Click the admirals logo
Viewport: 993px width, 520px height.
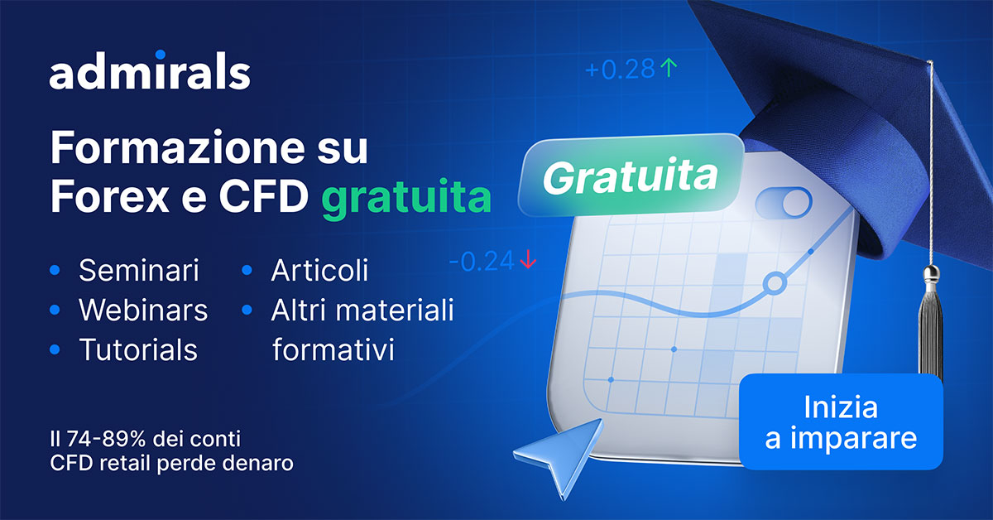pyautogui.click(x=150, y=70)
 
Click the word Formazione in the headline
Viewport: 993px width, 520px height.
pyautogui.click(x=178, y=147)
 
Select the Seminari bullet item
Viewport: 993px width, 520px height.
pyautogui.click(x=139, y=270)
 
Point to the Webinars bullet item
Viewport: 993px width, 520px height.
pyautogui.click(x=143, y=310)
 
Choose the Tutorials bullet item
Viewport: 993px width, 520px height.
pyautogui.click(x=138, y=349)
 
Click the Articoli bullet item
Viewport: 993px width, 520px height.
pyautogui.click(x=319, y=270)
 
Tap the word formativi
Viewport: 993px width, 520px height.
pyautogui.click(x=333, y=349)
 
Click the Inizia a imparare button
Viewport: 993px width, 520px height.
pyautogui.click(x=841, y=421)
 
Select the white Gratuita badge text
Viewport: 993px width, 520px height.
pyautogui.click(x=630, y=176)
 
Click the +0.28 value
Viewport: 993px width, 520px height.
pyautogui.click(x=620, y=70)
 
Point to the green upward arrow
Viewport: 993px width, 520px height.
pyautogui.click(x=669, y=69)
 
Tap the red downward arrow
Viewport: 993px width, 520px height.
pyautogui.click(x=528, y=259)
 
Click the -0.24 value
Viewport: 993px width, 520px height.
pyautogui.click(x=482, y=261)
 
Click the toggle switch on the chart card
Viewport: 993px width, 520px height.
pyautogui.click(x=784, y=202)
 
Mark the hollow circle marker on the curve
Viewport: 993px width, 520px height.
pyautogui.click(x=775, y=283)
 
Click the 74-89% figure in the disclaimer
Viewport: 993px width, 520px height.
pyautogui.click(x=107, y=439)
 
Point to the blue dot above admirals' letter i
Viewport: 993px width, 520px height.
pyautogui.click(x=161, y=54)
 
